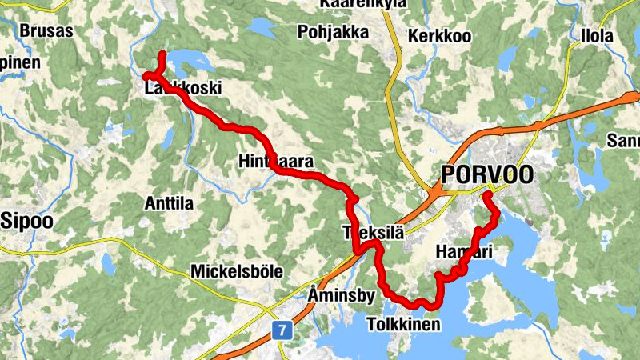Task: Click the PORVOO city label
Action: coord(486,174)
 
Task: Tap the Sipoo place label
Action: coord(28,219)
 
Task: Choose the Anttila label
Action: coord(168,203)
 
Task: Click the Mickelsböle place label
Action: coord(236,272)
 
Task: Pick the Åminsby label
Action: coord(341,296)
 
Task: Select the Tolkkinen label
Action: coord(403,324)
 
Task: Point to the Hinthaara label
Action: coord(274,161)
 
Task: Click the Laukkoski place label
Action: coord(182,89)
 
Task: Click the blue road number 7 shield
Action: coord(281,330)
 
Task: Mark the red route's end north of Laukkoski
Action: coord(162,54)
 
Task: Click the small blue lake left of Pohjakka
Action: coord(260,28)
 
